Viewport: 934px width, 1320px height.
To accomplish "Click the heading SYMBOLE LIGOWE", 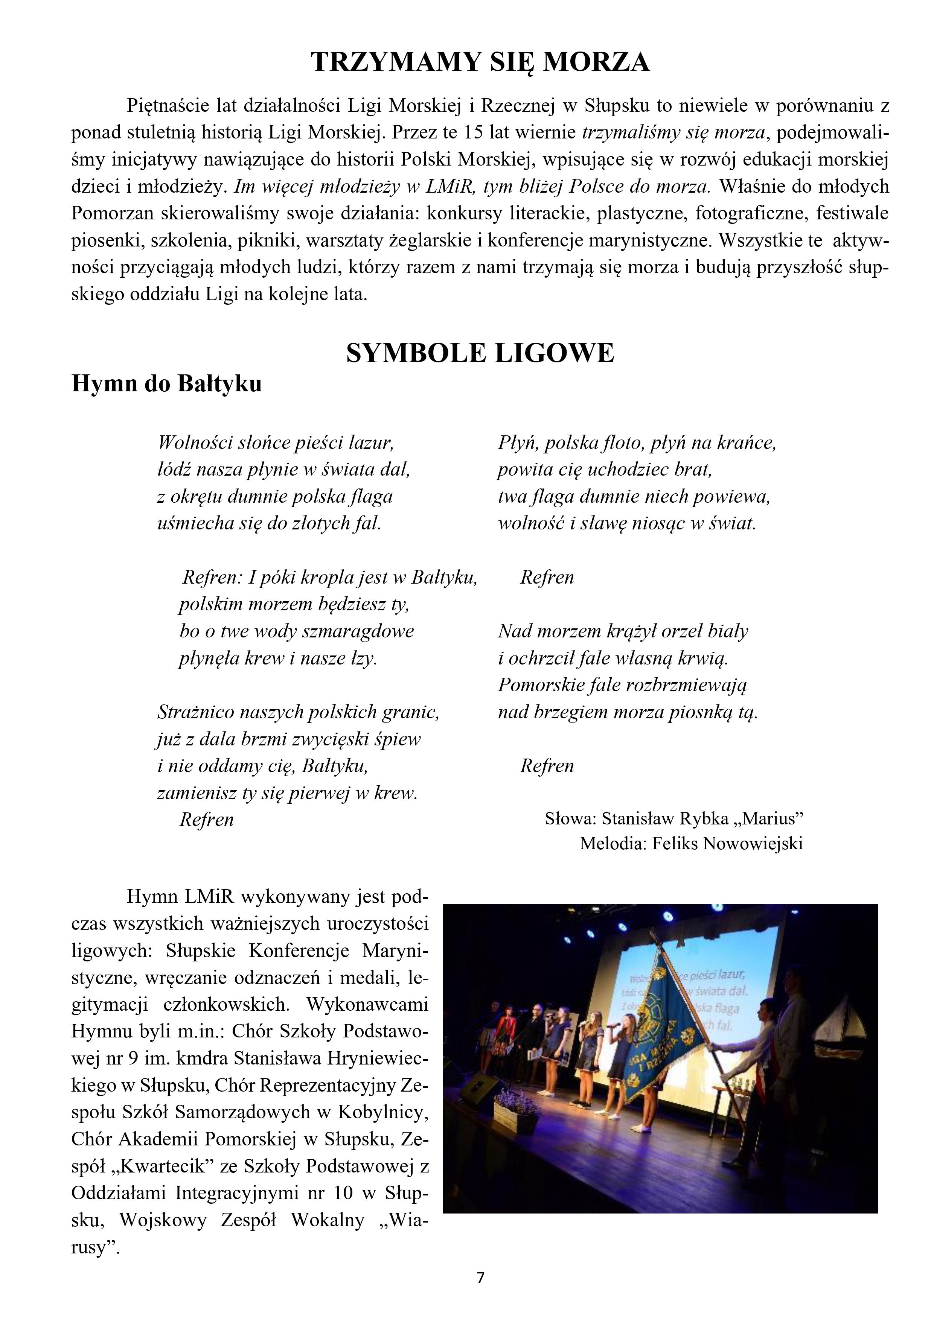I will click(x=480, y=353).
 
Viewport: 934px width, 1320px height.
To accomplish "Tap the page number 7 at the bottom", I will click(x=481, y=1278).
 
